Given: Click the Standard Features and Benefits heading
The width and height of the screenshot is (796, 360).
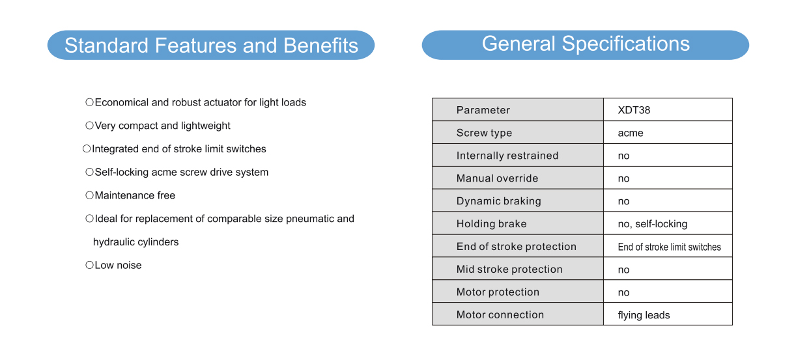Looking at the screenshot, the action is (x=211, y=46).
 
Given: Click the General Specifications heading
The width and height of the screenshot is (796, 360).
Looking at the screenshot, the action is (x=586, y=44).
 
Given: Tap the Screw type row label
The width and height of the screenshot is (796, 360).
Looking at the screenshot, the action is (x=484, y=133).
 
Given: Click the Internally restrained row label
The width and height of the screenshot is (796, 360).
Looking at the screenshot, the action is (x=507, y=156).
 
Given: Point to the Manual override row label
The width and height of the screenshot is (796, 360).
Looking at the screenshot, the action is (x=497, y=178).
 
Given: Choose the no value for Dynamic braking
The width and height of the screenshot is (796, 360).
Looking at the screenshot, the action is (x=623, y=201).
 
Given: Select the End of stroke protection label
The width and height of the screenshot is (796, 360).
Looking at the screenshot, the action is (x=517, y=246).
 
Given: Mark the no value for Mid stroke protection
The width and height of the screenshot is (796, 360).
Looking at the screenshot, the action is (x=623, y=270).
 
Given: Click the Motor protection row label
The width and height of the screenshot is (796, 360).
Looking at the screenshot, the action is (x=498, y=292).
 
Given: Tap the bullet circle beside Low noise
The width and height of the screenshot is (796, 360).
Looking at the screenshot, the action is (x=89, y=265).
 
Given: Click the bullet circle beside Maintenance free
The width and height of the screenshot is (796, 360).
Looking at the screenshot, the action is (x=89, y=195).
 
